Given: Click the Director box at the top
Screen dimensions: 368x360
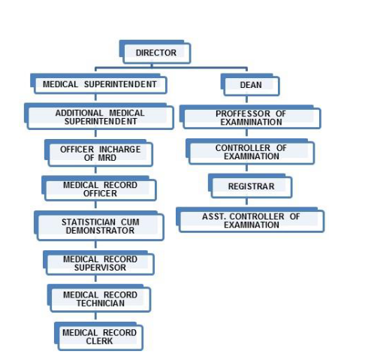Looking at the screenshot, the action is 155,52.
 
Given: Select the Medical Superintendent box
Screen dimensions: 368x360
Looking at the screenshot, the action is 98,84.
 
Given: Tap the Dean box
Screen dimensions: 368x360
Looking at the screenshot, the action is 250,85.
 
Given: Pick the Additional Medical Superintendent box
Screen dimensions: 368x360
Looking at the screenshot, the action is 99,116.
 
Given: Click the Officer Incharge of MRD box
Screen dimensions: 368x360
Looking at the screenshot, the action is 98,153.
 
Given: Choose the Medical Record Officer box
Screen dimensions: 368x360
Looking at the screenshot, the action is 99,189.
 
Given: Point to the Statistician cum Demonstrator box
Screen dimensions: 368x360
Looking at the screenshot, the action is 99,226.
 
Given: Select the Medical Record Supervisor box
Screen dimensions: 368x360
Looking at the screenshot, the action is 98,263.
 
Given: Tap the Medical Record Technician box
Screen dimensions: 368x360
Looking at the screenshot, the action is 99,298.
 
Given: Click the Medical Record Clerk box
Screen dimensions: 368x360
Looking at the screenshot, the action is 98,336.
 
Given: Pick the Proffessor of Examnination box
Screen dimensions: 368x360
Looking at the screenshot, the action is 250,117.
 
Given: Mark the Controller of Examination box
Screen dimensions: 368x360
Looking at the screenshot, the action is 250,152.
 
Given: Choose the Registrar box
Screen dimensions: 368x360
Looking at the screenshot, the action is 250,186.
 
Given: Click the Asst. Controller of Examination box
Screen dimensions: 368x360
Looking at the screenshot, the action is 250,220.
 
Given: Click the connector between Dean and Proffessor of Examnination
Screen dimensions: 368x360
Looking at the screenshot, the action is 246,99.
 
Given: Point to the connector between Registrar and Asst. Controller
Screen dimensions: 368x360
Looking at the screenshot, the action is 246,201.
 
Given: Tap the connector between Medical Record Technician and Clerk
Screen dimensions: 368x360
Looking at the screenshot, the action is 95,316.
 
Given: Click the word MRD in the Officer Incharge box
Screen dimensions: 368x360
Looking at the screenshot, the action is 107,158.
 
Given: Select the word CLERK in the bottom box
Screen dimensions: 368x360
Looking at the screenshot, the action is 99,341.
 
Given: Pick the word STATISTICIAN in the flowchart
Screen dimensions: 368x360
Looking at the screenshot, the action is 89,222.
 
